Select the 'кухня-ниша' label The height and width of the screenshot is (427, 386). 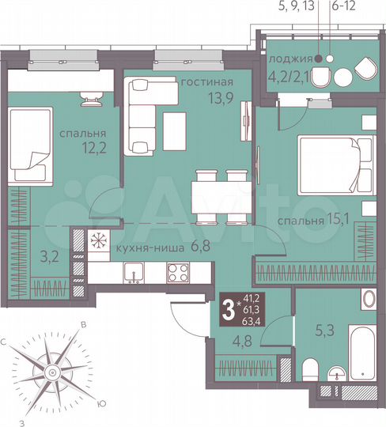click(x=141, y=247)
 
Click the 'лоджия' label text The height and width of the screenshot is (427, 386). click(x=288, y=59)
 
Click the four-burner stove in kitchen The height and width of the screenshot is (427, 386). click(x=176, y=274)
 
